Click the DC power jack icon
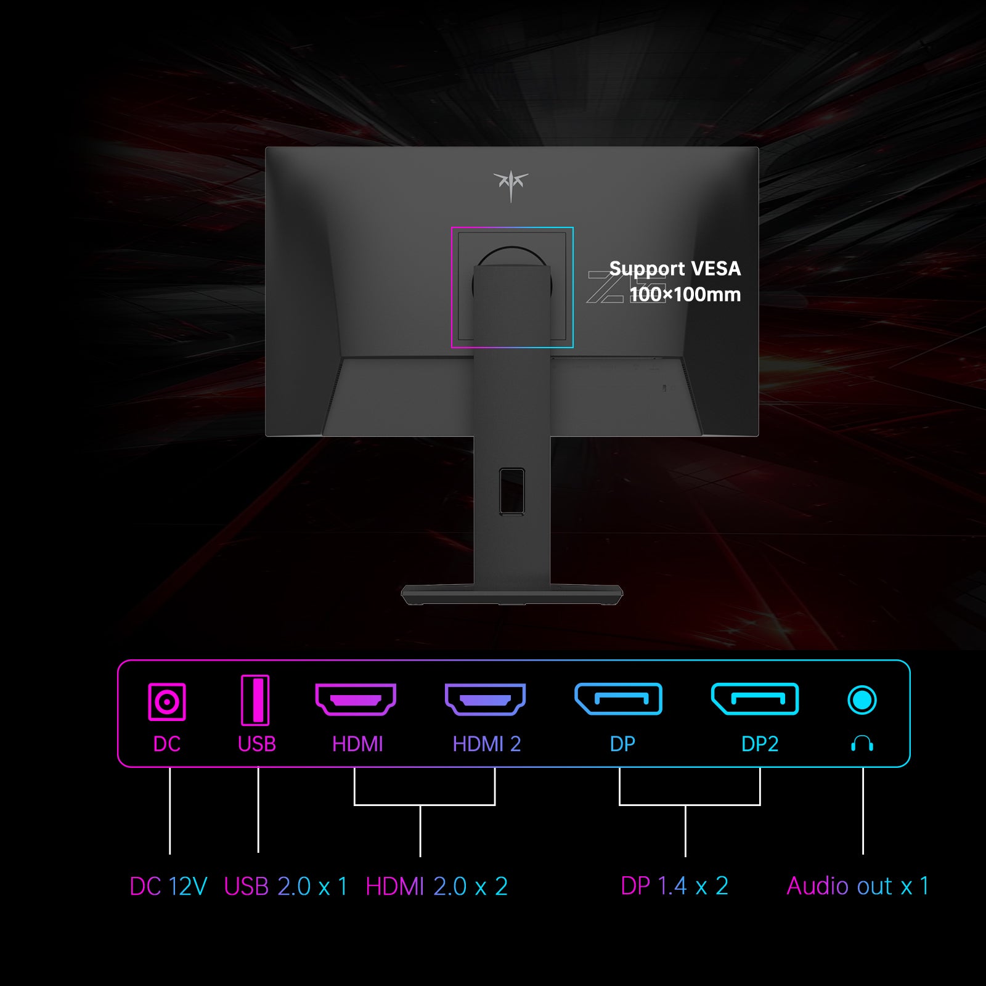(x=167, y=701)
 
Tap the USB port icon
(x=255, y=700)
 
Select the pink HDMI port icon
(x=356, y=699)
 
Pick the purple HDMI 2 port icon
(x=485, y=699)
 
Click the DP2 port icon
(x=755, y=699)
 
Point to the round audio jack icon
(x=862, y=700)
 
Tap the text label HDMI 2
(x=487, y=744)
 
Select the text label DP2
(x=760, y=744)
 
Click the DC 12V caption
(x=168, y=887)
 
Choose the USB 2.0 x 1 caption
(x=285, y=887)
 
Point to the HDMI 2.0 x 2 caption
(x=436, y=887)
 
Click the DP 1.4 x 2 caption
(x=674, y=886)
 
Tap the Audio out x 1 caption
(x=857, y=886)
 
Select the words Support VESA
(x=675, y=269)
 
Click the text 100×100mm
(x=685, y=295)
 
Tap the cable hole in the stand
(x=512, y=491)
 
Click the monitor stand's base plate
(x=511, y=595)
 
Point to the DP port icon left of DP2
(x=618, y=699)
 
